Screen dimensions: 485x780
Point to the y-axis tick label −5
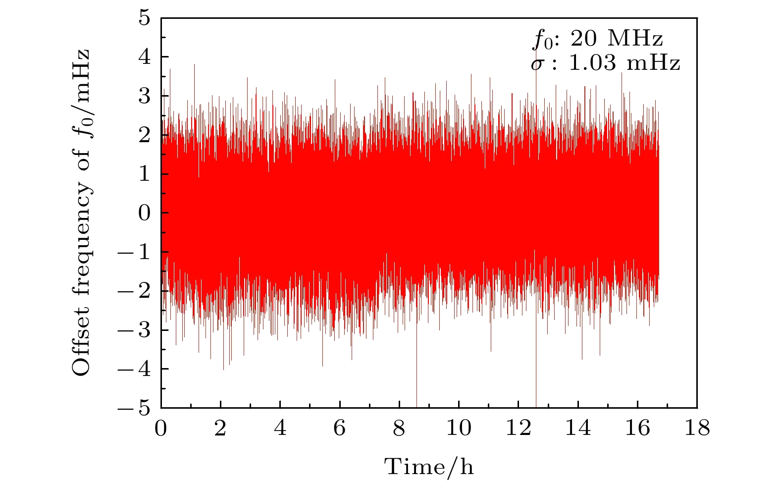click(x=135, y=408)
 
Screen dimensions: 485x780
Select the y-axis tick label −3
click(x=135, y=330)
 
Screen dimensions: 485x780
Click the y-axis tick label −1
click(x=135, y=252)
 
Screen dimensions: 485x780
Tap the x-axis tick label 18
click(x=697, y=428)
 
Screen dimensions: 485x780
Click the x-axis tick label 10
click(x=459, y=428)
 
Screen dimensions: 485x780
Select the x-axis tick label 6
click(x=339, y=428)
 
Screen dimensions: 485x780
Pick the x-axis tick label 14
click(x=577, y=428)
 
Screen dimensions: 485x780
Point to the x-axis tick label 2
click(x=220, y=428)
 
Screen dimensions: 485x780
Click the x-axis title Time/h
click(x=429, y=467)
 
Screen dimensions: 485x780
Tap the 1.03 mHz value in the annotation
click(x=624, y=63)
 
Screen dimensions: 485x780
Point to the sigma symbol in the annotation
click(x=536, y=64)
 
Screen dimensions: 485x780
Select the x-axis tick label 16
click(x=637, y=428)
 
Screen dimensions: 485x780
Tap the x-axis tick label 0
click(x=161, y=428)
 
